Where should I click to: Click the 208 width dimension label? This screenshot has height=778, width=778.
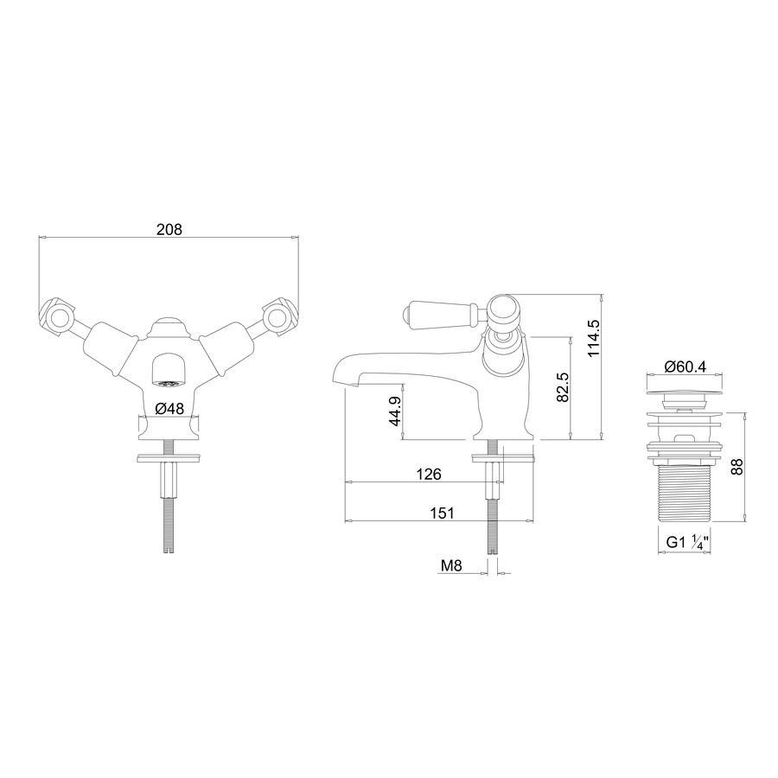point(169,229)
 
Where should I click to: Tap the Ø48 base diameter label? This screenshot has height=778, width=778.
point(169,408)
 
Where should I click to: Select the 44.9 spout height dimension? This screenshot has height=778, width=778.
point(395,411)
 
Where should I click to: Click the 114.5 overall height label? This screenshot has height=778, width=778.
point(593,338)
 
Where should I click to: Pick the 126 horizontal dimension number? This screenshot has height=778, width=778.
point(428,474)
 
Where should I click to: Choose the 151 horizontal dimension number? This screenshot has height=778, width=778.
point(442,513)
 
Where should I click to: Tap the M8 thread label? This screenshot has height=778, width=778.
point(451,565)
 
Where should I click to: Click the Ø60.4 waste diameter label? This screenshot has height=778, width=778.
point(685,367)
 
